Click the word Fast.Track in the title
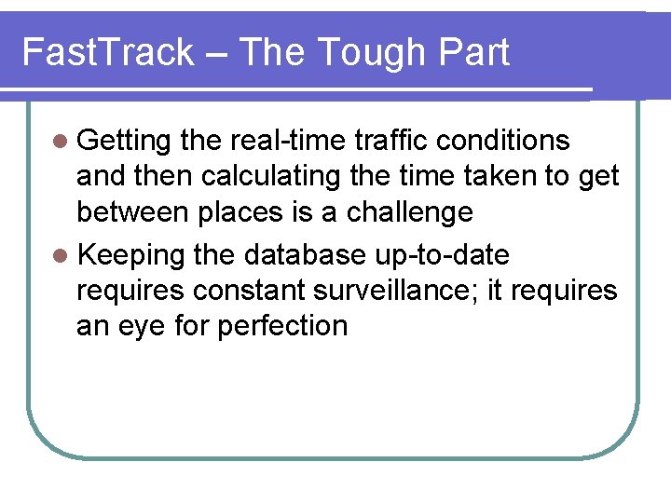pos(107,52)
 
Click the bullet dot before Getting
pos(61,142)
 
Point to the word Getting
pos(124,142)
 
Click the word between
pos(135,211)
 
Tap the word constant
pos(251,291)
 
